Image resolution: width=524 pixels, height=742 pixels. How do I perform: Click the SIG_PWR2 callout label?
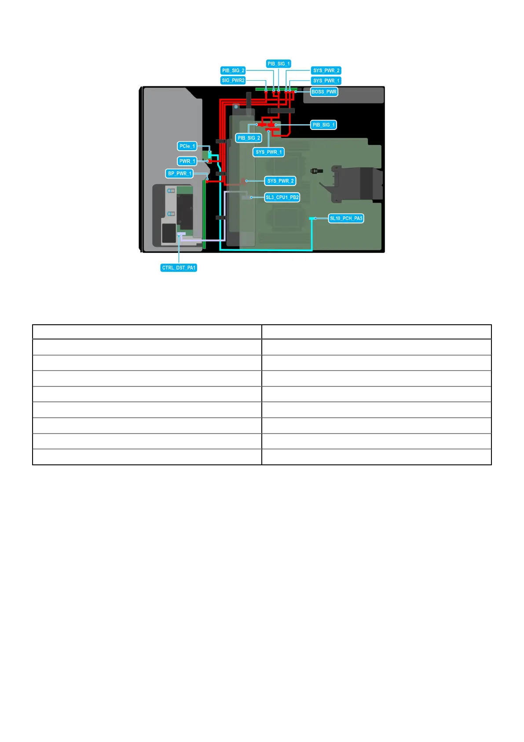(x=233, y=81)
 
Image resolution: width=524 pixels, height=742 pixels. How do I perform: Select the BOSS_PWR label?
(x=324, y=92)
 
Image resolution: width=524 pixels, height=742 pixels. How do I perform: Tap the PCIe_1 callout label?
(x=187, y=146)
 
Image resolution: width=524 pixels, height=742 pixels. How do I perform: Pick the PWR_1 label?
(x=187, y=161)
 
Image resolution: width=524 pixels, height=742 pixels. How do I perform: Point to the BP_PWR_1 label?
(x=180, y=174)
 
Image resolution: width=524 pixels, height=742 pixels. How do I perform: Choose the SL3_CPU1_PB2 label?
(x=282, y=197)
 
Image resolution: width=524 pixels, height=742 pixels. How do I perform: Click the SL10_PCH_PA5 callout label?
(x=346, y=219)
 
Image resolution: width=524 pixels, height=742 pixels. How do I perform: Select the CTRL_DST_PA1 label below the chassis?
(x=179, y=268)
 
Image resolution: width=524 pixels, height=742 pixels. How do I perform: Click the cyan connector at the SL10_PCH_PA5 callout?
(x=311, y=218)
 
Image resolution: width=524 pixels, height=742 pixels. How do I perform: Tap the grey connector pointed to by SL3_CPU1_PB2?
(x=246, y=198)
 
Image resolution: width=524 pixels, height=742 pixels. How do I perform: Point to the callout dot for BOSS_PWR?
(x=296, y=92)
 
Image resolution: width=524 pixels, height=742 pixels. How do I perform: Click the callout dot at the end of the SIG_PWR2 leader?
(x=266, y=90)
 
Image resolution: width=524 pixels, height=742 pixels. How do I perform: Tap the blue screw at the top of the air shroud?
(x=236, y=107)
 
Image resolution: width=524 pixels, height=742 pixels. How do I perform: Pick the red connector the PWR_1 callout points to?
(x=210, y=161)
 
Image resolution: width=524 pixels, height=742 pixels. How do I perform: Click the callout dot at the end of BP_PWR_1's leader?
(x=207, y=179)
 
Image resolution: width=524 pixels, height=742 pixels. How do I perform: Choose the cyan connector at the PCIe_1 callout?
(x=210, y=153)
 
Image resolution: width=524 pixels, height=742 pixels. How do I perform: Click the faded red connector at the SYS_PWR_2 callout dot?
(x=243, y=181)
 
